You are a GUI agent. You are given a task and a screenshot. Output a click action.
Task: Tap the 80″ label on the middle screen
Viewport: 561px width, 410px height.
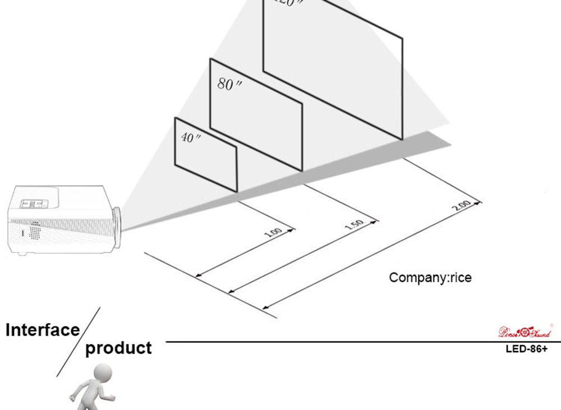click(x=229, y=85)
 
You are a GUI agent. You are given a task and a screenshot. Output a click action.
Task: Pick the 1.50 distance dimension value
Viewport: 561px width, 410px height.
click(x=353, y=225)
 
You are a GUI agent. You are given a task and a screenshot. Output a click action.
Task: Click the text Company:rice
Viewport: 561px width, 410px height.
click(x=430, y=277)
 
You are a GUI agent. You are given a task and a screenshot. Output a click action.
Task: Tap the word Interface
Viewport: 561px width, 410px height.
click(x=43, y=330)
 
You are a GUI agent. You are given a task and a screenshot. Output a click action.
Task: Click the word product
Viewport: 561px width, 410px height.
click(x=118, y=348)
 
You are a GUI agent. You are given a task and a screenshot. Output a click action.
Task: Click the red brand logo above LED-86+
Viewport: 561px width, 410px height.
click(x=525, y=332)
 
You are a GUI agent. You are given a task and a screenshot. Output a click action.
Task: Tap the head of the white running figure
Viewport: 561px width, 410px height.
click(x=103, y=372)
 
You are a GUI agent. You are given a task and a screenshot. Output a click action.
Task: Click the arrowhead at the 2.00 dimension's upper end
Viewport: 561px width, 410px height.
click(x=479, y=201)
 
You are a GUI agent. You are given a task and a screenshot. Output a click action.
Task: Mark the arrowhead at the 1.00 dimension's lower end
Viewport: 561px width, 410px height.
click(x=197, y=276)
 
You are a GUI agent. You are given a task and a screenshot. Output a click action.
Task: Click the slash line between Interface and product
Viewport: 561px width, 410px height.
click(x=79, y=342)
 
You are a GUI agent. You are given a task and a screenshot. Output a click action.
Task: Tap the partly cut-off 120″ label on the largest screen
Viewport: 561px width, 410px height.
click(x=288, y=2)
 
